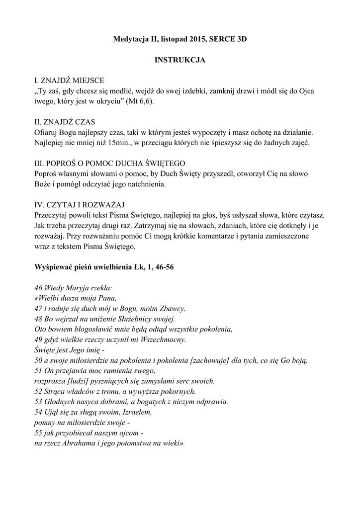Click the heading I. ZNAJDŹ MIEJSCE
coord(69,80)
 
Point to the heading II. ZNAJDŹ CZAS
coord(65,122)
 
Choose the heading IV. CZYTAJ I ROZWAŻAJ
coord(79,205)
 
